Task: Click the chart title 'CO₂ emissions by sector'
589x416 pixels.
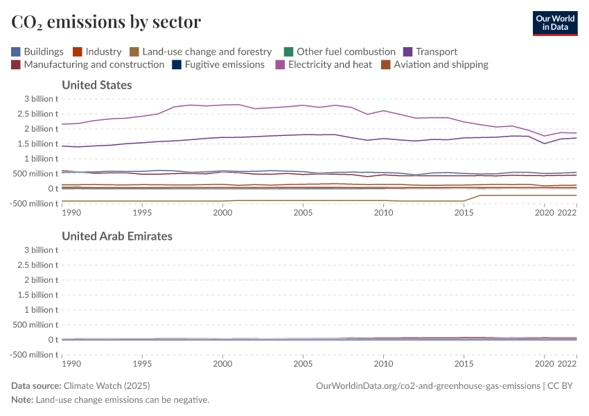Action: tap(106, 22)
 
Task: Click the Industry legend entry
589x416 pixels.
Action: tap(97, 51)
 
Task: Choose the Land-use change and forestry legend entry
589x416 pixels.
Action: tap(200, 51)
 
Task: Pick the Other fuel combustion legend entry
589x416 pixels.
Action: tap(340, 51)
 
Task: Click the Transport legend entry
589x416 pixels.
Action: tap(430, 51)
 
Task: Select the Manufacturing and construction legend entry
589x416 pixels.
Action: tap(87, 64)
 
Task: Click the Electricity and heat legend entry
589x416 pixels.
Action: tap(323, 64)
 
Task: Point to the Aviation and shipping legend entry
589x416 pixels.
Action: tap(434, 64)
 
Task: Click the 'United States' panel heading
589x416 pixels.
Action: tap(97, 85)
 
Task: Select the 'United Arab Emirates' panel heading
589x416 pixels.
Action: tap(117, 236)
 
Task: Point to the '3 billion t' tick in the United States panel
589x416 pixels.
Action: tap(37, 98)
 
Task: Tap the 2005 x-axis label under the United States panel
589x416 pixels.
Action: tap(303, 213)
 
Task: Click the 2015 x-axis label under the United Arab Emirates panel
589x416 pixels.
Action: tap(464, 363)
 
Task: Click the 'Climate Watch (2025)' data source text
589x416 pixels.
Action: tap(107, 385)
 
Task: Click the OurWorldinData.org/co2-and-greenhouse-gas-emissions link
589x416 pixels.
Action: tap(428, 385)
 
